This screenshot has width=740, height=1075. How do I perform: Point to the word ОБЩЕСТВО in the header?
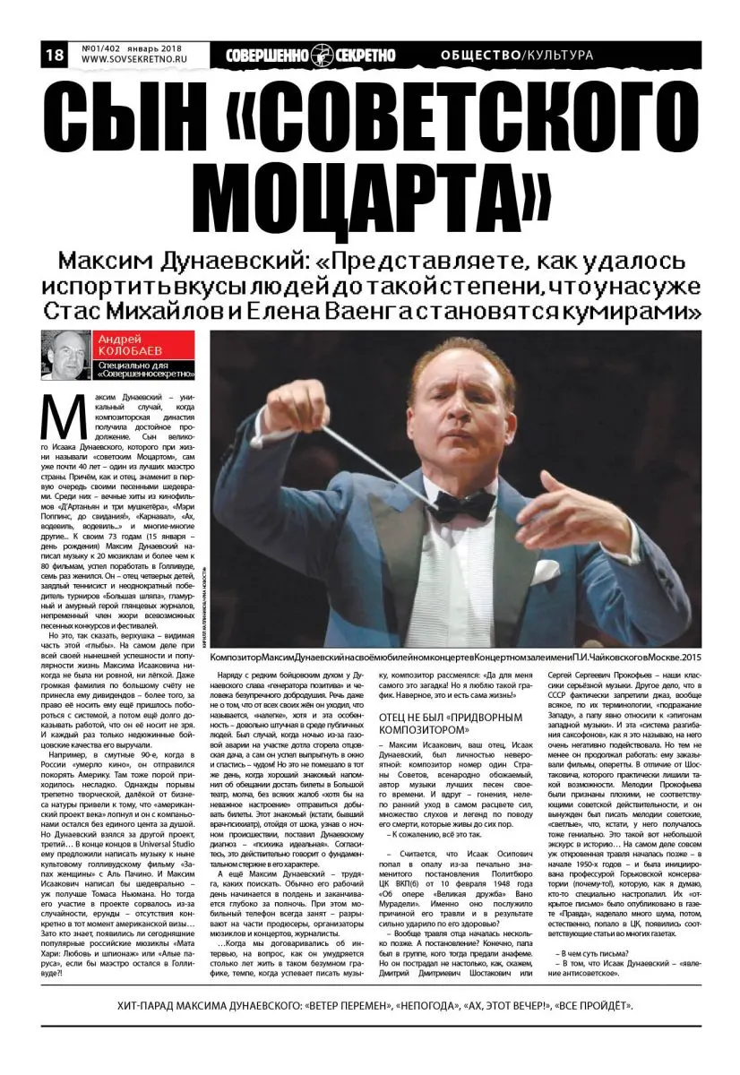point(480,56)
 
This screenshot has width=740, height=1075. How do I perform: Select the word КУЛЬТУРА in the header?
point(560,56)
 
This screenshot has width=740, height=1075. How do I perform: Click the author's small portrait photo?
point(65,356)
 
